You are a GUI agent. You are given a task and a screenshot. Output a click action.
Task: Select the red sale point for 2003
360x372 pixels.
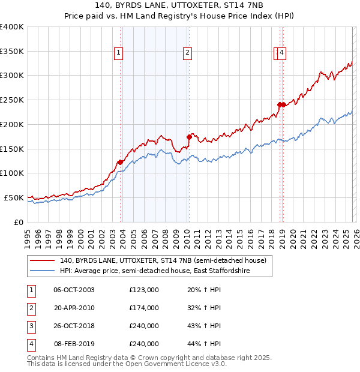pos(120,161)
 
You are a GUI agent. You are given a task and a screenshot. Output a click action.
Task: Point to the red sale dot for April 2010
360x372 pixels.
pos(189,136)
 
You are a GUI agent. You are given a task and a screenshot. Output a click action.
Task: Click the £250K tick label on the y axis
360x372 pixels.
pos(12,100)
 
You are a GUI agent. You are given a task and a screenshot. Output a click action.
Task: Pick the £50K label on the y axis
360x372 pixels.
pos(14,197)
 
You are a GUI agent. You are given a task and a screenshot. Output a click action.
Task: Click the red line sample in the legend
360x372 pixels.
pos(43,260)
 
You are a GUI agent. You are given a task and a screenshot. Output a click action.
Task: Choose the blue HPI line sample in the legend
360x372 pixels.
pos(43,271)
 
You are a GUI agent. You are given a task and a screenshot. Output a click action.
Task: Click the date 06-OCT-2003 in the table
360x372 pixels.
pos(74,290)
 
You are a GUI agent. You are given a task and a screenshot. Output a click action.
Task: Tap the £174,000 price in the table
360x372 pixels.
pos(144,308)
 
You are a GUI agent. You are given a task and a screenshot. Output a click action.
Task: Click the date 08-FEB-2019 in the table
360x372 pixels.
pos(74,344)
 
